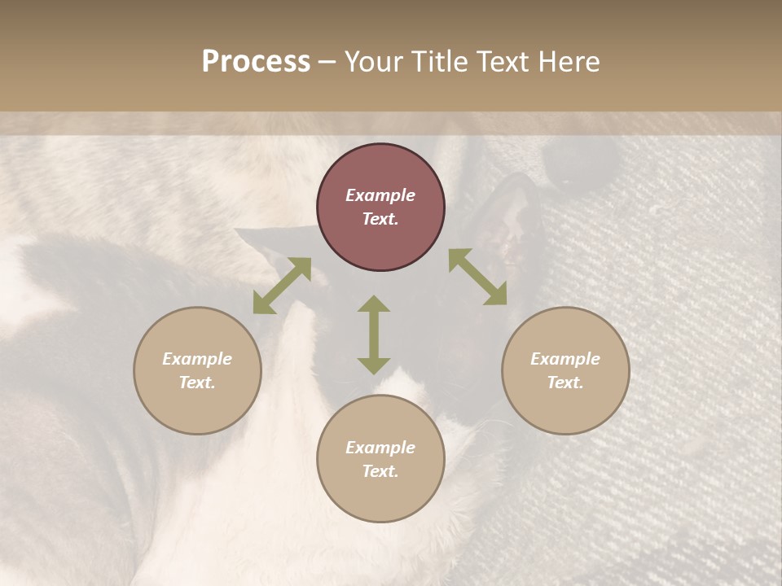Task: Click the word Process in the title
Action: click(256, 62)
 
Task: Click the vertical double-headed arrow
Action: click(374, 335)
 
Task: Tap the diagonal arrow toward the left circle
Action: click(282, 286)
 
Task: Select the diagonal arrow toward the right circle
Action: click(478, 277)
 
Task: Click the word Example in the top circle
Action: click(380, 195)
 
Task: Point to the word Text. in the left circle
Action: click(197, 383)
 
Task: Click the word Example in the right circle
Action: click(565, 359)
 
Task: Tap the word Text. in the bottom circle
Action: click(380, 471)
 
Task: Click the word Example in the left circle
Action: click(197, 359)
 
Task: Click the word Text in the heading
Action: click(504, 62)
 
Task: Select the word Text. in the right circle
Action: click(565, 383)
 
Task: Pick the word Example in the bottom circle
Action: click(380, 448)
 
